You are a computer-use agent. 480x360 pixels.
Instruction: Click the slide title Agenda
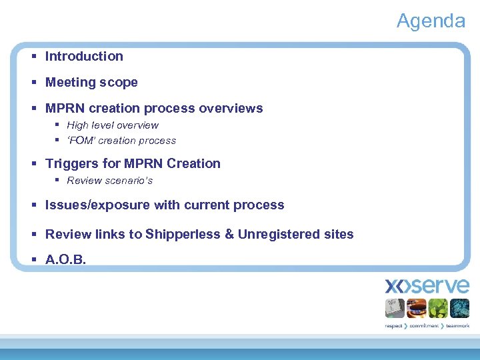click(431, 21)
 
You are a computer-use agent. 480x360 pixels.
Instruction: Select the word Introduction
click(84, 57)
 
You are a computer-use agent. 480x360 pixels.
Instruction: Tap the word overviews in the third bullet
click(231, 108)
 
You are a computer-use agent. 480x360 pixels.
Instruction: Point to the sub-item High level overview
click(113, 125)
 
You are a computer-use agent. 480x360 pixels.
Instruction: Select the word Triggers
click(71, 163)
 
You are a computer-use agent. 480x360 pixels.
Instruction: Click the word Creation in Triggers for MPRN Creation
click(193, 163)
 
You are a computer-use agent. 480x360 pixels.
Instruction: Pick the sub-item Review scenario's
click(110, 181)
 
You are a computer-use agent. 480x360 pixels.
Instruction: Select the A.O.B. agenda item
click(65, 260)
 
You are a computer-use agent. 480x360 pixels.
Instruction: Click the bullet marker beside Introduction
click(34, 57)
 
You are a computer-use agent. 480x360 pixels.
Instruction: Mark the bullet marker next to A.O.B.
click(34, 260)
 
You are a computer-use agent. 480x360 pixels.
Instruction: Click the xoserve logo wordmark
click(427, 287)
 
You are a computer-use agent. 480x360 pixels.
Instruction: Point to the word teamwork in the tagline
click(458, 326)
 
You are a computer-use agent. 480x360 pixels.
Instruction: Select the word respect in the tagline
click(394, 326)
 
